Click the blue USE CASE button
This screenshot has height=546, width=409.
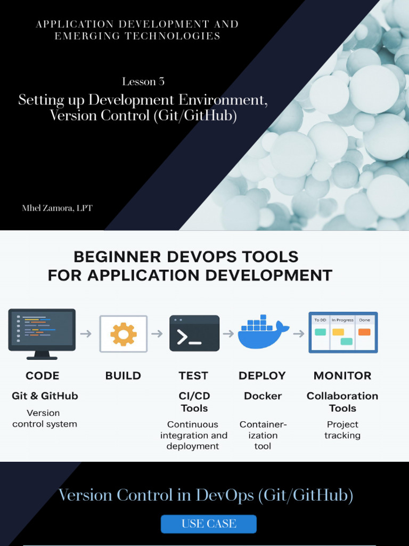coord(209,524)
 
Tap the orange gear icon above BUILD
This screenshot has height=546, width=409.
coord(124,334)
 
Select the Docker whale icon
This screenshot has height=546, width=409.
coord(263,333)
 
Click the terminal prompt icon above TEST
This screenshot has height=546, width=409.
coord(194,333)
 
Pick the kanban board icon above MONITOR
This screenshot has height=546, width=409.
coord(343,332)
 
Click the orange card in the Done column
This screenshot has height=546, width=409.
coord(364,332)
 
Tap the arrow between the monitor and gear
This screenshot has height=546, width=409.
coord(86,334)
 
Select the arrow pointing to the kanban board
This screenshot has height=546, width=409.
coord(299,334)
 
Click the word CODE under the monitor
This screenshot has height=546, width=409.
coord(43,375)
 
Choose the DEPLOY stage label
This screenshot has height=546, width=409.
coord(263,375)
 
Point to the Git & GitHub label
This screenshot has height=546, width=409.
coord(45,396)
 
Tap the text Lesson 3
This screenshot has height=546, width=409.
coord(143,82)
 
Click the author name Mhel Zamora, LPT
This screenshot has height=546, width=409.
coord(57,208)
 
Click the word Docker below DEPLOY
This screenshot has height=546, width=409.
coord(263,396)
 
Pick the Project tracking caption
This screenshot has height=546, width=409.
coord(342,430)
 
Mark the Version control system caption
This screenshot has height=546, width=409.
coord(45,419)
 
